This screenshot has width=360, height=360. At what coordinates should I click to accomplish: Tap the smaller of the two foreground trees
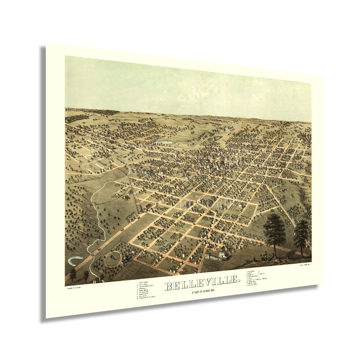pos(301,234)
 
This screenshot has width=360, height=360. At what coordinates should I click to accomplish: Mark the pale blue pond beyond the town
pos(164,142)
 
